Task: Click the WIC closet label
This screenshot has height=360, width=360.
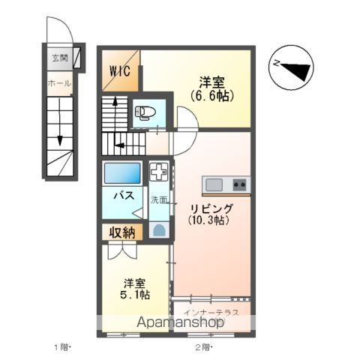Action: tap(119, 72)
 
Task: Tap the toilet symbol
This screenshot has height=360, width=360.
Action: tap(144, 113)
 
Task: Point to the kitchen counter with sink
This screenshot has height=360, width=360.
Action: tap(226, 184)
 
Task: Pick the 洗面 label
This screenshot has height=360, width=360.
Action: tap(160, 199)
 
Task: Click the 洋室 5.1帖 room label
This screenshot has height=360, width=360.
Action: tap(136, 289)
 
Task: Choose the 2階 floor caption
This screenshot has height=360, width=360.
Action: tap(203, 346)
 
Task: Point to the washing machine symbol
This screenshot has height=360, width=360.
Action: tap(160, 172)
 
